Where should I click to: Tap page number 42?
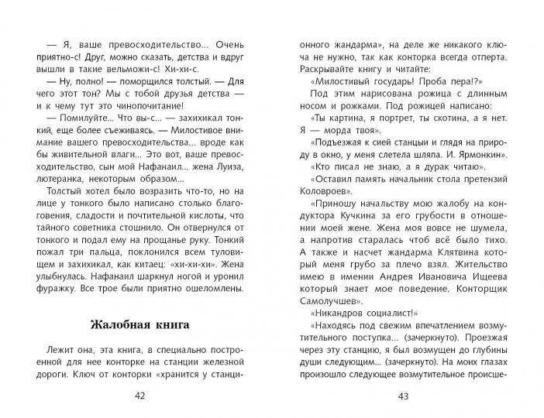(139, 396)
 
